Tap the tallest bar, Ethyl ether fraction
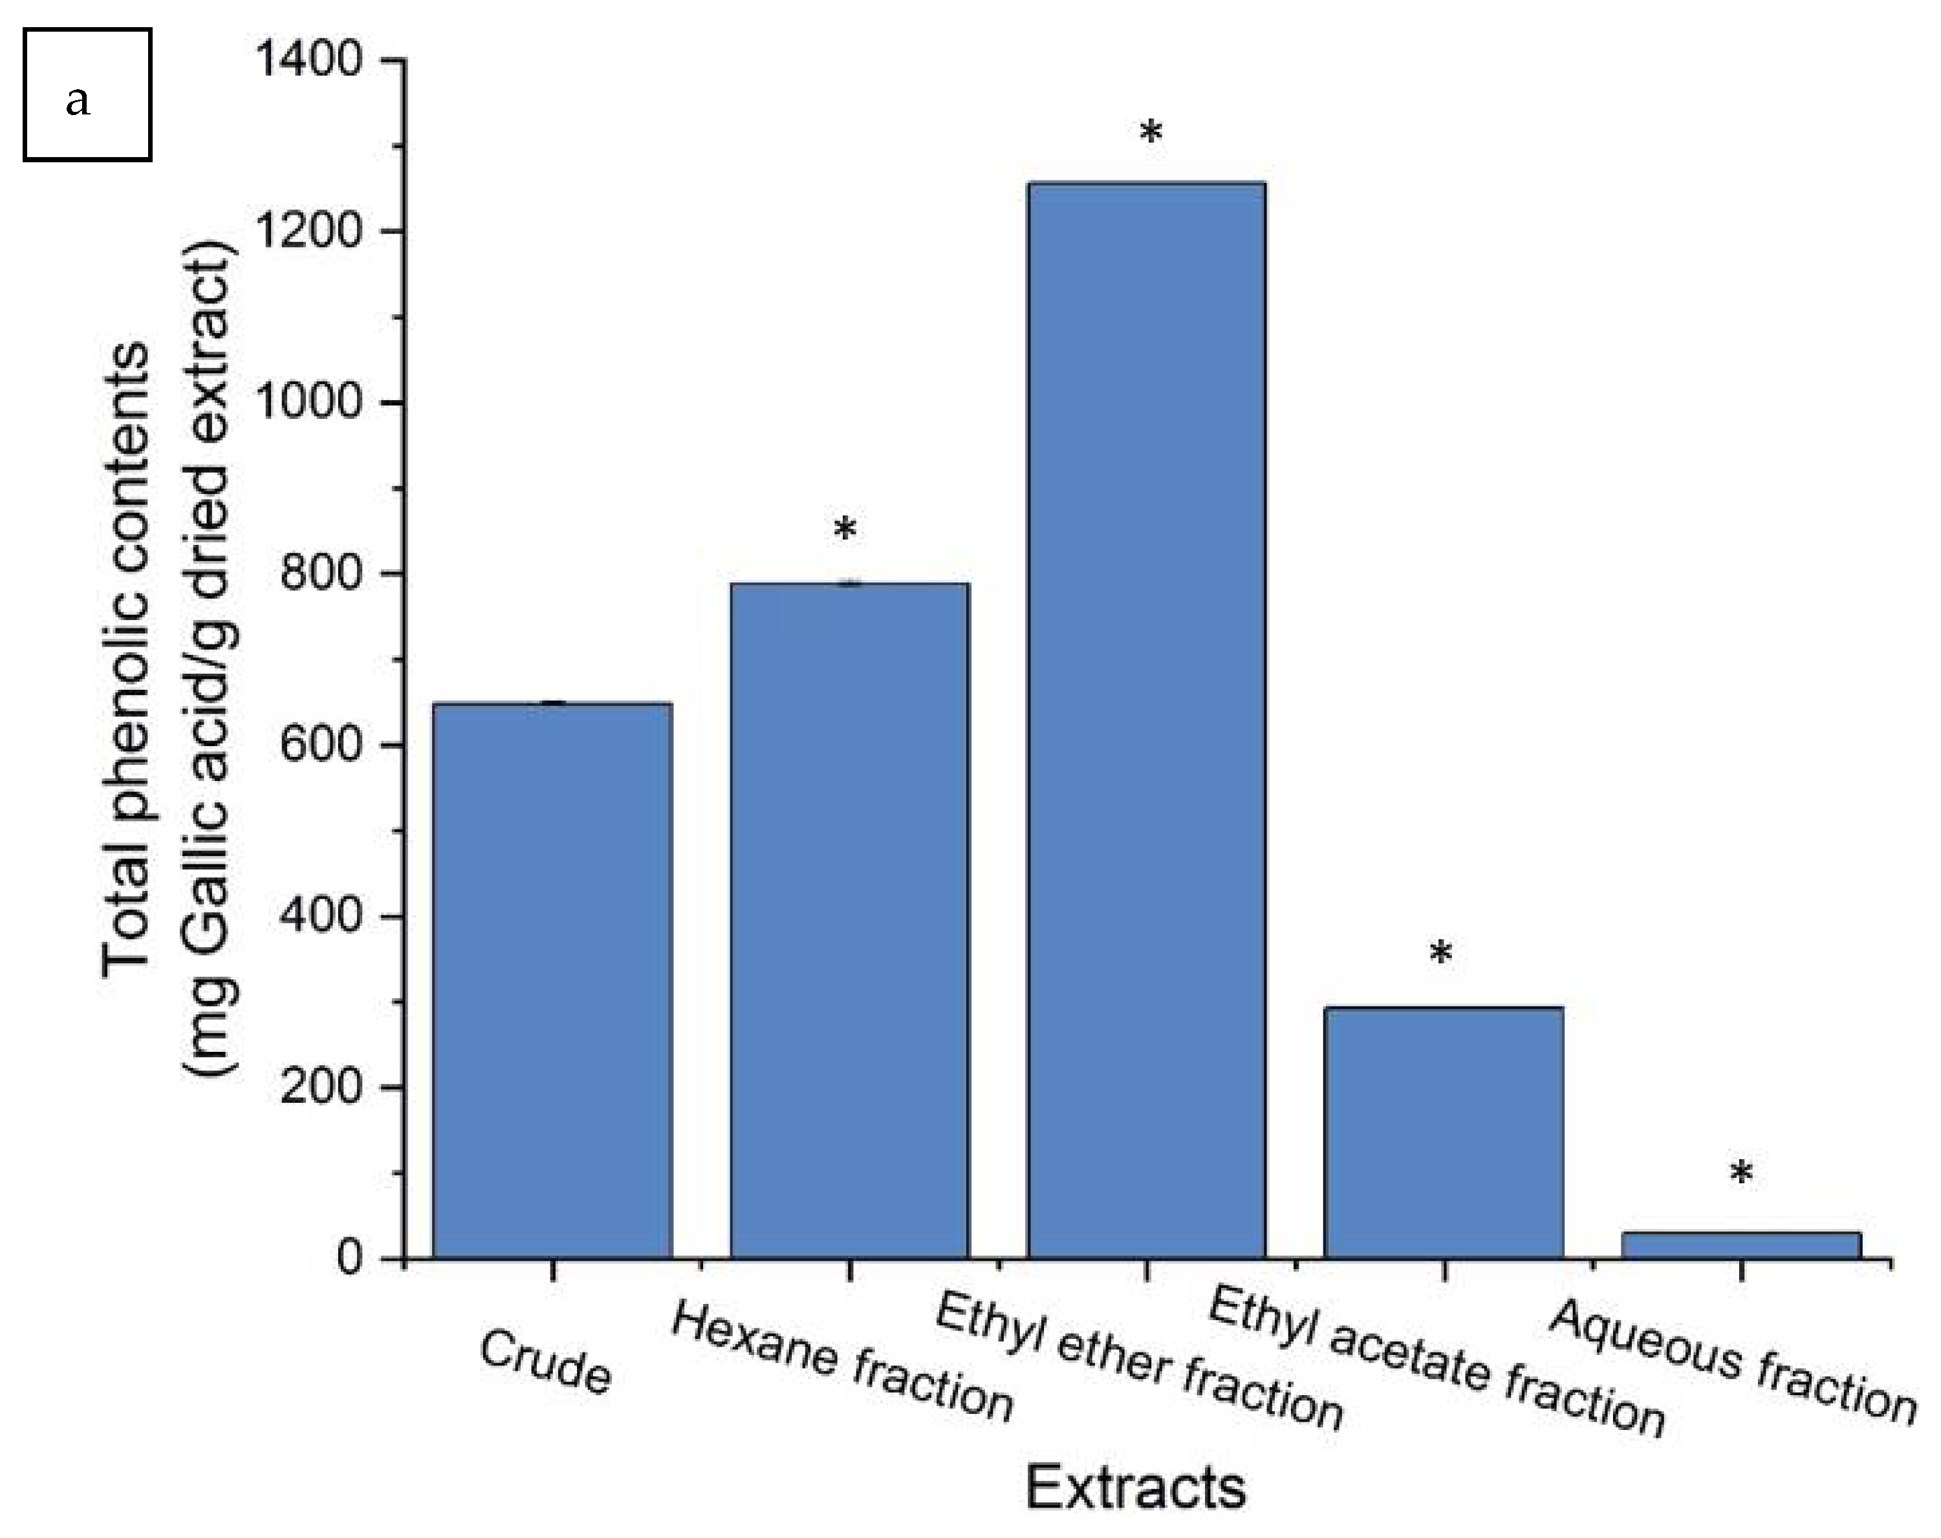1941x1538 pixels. [1146, 720]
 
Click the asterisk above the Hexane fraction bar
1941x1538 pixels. [845, 530]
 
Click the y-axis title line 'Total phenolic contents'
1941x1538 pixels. [126, 657]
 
